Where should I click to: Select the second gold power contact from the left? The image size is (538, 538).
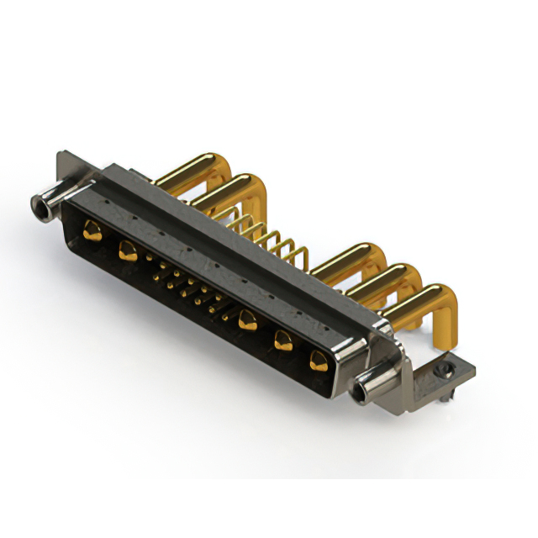pos(128,250)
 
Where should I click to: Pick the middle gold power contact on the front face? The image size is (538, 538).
pos(247,319)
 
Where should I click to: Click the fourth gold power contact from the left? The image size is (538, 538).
pos(283,340)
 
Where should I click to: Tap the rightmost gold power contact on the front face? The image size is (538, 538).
pos(318,361)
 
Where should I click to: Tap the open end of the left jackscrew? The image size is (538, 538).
pos(38,202)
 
